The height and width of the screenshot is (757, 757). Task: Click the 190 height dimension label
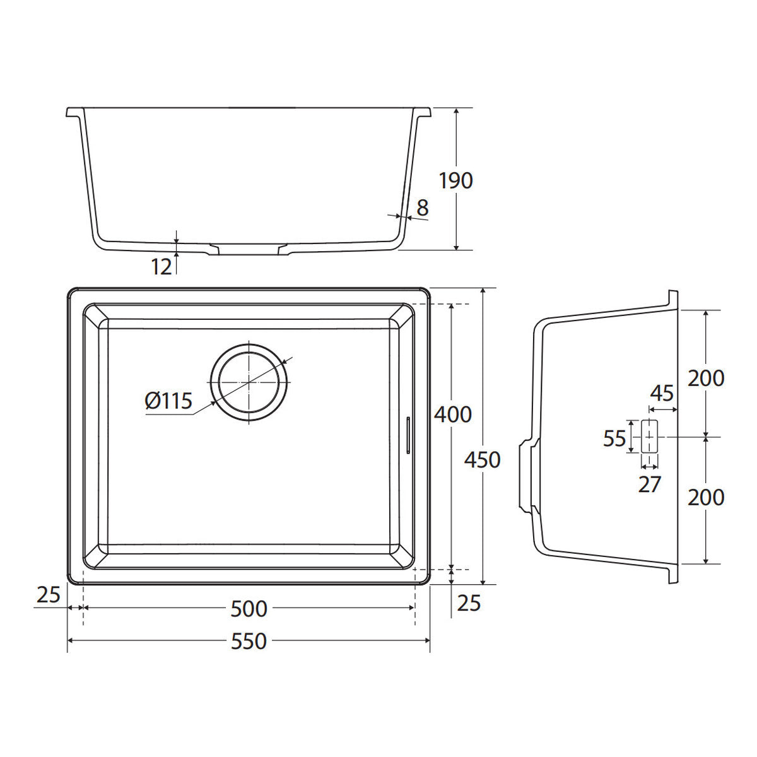pos(455,180)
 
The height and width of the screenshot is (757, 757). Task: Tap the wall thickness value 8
pos(422,208)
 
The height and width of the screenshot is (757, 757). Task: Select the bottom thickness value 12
pos(161,267)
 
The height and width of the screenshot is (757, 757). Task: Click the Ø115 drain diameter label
pos(168,401)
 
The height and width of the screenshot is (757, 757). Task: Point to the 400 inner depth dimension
pos(452,415)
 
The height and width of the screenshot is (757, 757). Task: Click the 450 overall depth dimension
pos(482,460)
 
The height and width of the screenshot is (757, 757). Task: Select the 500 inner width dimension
pos(249,609)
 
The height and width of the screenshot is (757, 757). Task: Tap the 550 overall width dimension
pos(249,642)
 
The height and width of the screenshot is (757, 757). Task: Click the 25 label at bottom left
pos(49,595)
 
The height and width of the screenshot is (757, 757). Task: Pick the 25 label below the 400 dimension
pos(469,604)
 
